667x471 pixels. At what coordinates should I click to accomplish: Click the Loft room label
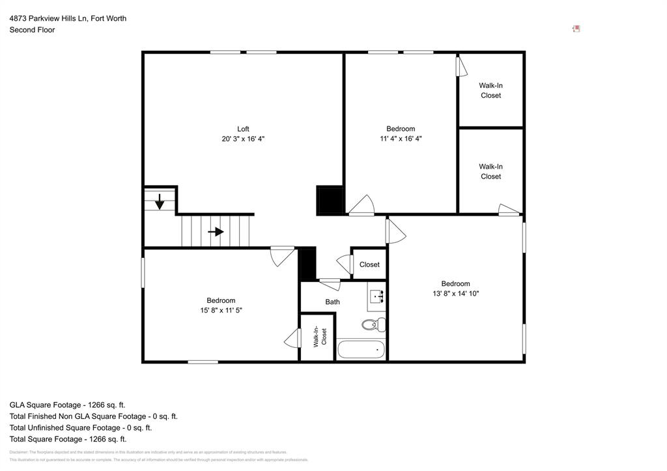(243, 129)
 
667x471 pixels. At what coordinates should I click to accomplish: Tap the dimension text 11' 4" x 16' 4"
(401, 139)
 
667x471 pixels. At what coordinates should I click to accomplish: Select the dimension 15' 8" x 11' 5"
(221, 310)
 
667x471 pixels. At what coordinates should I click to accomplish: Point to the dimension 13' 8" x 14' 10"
(455, 293)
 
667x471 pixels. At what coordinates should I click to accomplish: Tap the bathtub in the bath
(361, 349)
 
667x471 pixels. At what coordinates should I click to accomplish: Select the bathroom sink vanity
(376, 297)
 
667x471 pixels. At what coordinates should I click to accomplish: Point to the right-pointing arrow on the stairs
(216, 231)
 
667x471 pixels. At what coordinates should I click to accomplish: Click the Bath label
(333, 302)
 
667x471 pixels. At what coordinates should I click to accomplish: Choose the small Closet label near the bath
(369, 264)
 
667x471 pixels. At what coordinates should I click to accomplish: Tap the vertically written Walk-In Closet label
(320, 337)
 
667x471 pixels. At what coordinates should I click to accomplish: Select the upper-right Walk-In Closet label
(490, 91)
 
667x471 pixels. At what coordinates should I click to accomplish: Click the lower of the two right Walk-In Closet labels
(490, 171)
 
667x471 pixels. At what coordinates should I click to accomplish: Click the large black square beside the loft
(330, 201)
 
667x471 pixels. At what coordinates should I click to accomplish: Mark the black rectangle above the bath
(307, 264)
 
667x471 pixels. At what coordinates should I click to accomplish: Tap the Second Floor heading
(32, 30)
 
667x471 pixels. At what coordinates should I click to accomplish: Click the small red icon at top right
(576, 29)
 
